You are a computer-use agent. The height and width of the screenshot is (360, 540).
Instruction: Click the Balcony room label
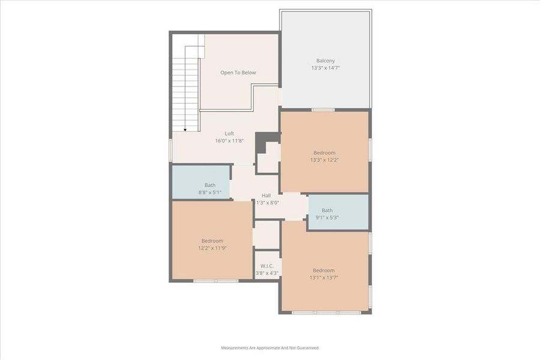[325, 61]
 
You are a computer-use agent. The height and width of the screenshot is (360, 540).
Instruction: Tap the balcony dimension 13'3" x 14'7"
[325, 68]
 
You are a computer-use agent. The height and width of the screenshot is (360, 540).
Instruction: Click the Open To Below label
[238, 73]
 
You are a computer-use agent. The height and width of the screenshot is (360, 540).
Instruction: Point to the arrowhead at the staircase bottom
[185, 129]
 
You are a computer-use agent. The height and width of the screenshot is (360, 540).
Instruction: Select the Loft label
[229, 133]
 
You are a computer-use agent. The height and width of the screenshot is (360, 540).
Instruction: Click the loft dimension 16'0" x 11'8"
[229, 141]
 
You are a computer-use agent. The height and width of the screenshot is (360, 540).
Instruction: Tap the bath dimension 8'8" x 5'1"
[209, 193]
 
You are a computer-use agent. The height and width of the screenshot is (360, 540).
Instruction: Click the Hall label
[266, 195]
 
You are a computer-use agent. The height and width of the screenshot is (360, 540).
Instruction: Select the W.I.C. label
[267, 266]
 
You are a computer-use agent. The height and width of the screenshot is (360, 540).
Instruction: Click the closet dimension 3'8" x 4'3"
[267, 273]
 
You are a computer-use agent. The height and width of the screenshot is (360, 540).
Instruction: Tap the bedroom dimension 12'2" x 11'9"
[212, 248]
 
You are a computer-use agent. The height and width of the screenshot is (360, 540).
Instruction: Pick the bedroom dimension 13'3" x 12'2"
[324, 160]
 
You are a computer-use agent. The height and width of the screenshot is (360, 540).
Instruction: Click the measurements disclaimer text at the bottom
[270, 347]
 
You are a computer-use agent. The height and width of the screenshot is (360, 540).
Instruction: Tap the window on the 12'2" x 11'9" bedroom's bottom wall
[215, 280]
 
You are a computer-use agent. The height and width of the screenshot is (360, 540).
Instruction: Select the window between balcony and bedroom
[323, 110]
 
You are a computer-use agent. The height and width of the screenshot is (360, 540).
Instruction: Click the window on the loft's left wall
[171, 150]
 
